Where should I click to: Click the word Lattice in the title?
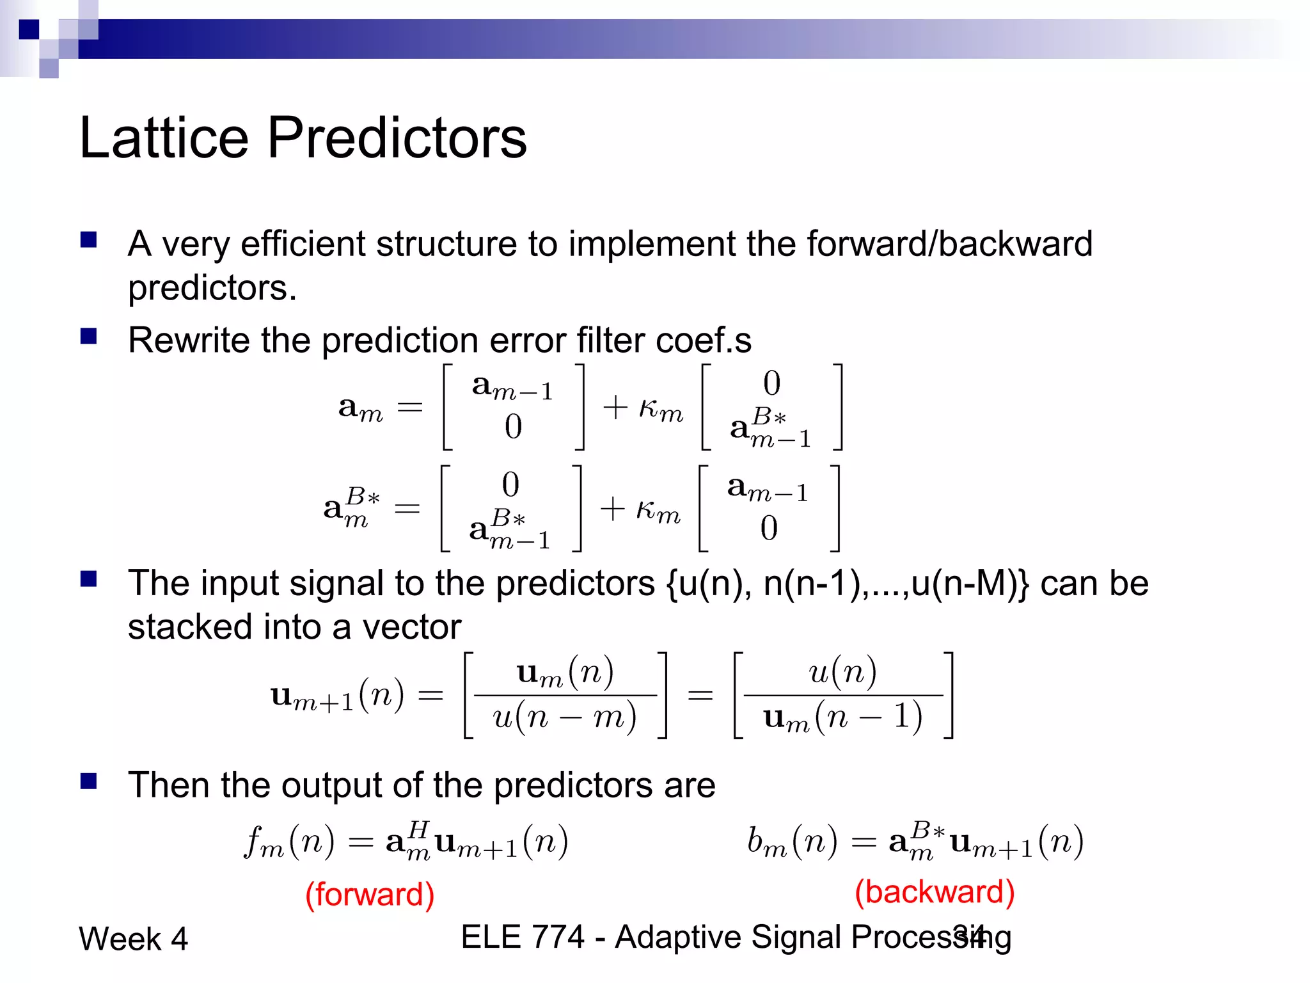click(164, 138)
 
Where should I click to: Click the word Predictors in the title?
click(397, 138)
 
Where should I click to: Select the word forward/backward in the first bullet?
click(949, 244)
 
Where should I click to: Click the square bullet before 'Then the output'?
click(88, 781)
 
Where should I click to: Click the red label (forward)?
click(370, 894)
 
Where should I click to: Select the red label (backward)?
click(935, 891)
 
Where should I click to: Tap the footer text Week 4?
click(133, 939)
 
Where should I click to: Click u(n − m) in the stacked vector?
click(564, 717)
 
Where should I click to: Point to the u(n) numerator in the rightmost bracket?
click(842, 673)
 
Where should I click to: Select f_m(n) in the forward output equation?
click(289, 842)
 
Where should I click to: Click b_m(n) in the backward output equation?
click(792, 842)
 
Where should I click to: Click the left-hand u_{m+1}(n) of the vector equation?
click(337, 696)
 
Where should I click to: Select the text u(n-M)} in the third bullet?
click(970, 584)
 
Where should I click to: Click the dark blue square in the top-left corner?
click(29, 29)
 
